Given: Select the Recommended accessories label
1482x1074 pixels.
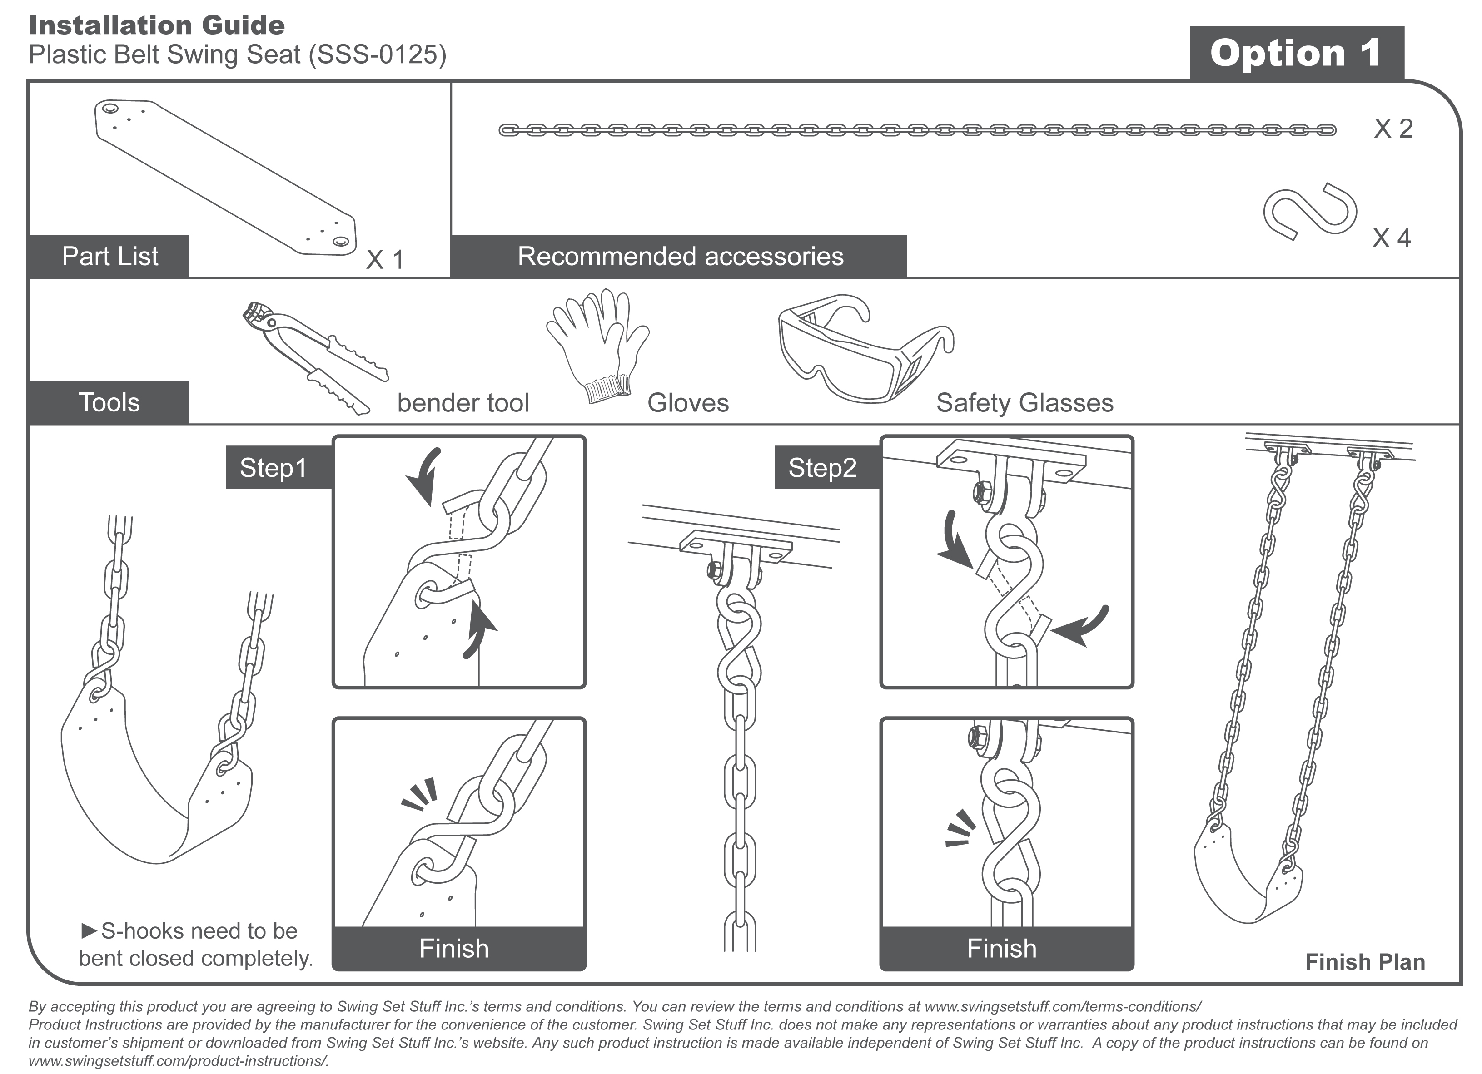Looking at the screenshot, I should pos(680,256).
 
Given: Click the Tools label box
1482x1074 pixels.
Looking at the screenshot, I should pos(109,402).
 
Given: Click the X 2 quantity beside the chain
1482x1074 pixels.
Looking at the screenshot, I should pos(1393,129).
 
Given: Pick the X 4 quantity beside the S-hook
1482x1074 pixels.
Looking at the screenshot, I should pos(1391,238).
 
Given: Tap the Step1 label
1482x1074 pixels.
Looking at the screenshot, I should pos(273,468).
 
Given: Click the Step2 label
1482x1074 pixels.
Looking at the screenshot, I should pos(822,468).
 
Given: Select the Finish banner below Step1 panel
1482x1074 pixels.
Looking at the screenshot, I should pos(454,948).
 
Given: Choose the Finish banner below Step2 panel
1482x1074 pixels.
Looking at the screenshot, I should pos(1002,948).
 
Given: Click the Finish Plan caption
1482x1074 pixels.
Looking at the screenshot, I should pos(1364,962).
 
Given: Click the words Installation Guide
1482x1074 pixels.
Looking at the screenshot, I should pos(157,25).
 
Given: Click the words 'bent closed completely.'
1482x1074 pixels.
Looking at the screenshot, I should pos(196,958).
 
